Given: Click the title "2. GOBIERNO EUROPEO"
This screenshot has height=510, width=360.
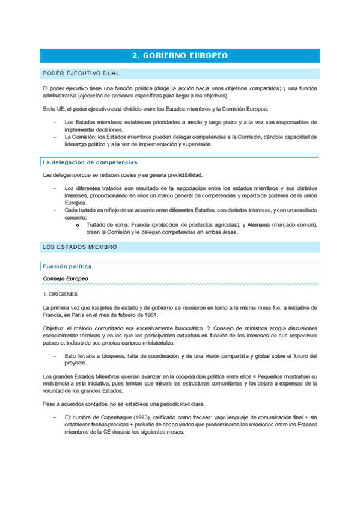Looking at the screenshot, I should tap(180, 56).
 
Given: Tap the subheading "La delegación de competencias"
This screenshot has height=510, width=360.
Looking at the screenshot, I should tap(90, 162).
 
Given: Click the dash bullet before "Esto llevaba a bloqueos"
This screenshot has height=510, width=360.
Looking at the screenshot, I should tap(55, 357).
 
